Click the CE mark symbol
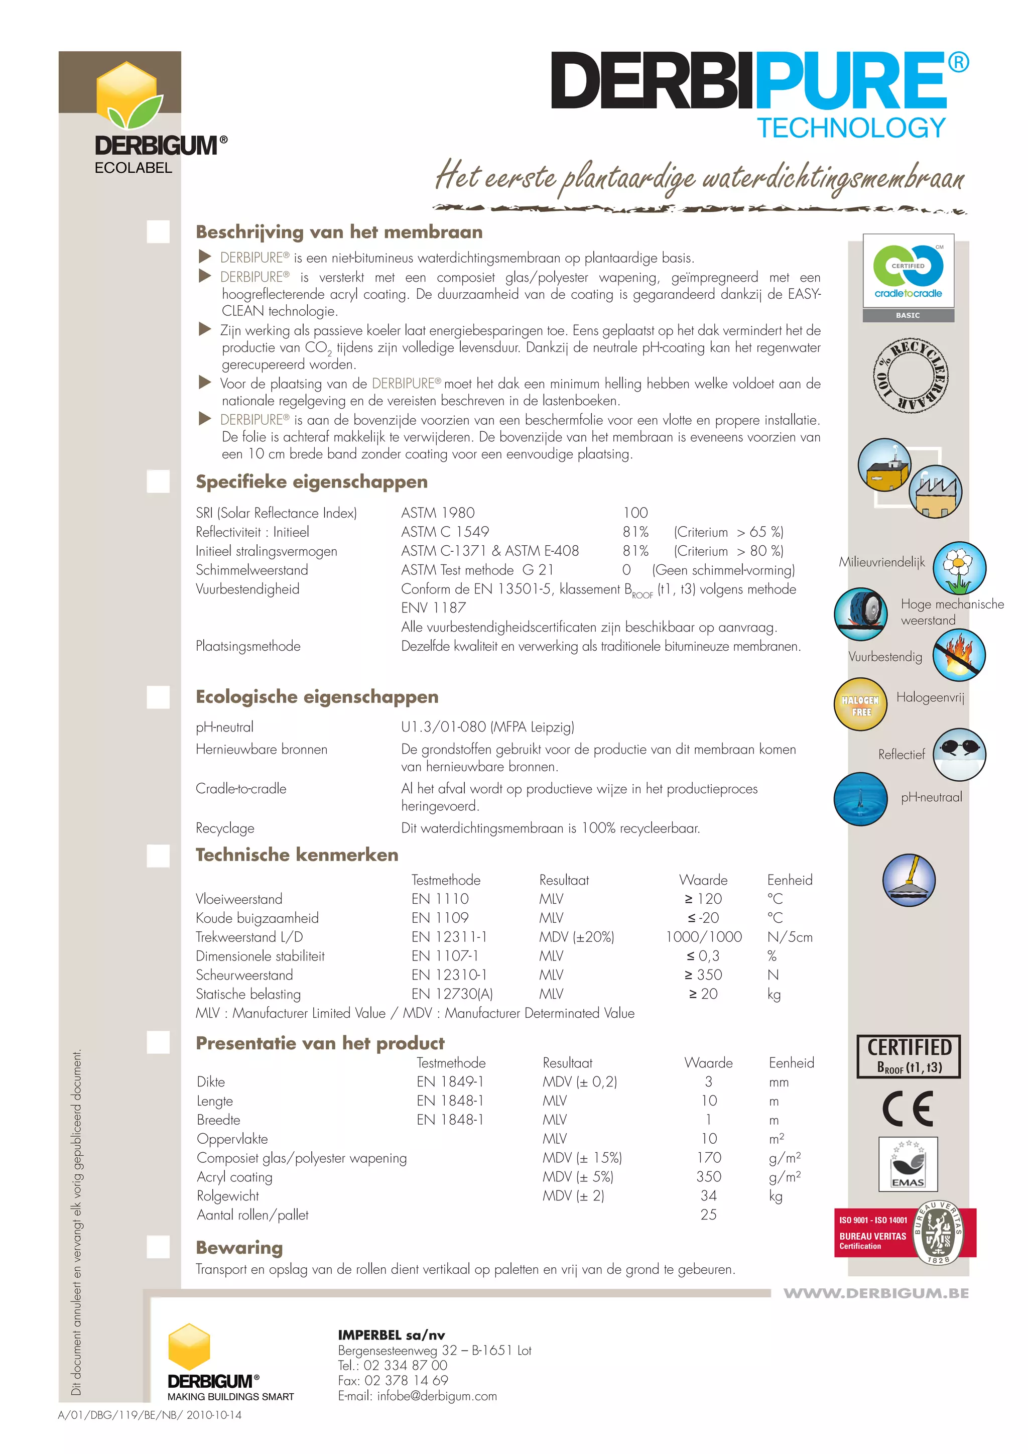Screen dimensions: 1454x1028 pyautogui.click(x=908, y=1109)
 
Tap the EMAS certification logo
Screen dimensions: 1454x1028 pyautogui.click(x=908, y=1164)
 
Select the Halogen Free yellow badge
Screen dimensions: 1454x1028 pyautogui.click(x=860, y=704)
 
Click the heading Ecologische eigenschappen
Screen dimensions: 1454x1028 pyautogui.click(x=317, y=696)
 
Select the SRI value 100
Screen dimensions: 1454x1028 pyautogui.click(x=635, y=512)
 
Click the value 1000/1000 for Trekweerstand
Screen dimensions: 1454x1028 pyautogui.click(x=703, y=936)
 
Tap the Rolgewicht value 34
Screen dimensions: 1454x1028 pyautogui.click(x=708, y=1195)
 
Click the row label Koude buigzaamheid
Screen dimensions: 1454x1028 pyautogui.click(x=257, y=918)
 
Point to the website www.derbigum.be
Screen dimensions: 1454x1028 pyautogui.click(x=875, y=1293)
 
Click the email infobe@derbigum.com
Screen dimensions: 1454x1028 pyautogui.click(x=437, y=1396)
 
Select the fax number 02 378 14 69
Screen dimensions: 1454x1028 pyautogui.click(x=406, y=1381)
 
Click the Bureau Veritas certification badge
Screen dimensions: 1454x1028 pyautogui.click(x=905, y=1233)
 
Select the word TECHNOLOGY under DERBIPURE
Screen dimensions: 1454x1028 pyautogui.click(x=851, y=128)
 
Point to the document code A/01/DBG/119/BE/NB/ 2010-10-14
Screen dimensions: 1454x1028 pyautogui.click(x=150, y=1415)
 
